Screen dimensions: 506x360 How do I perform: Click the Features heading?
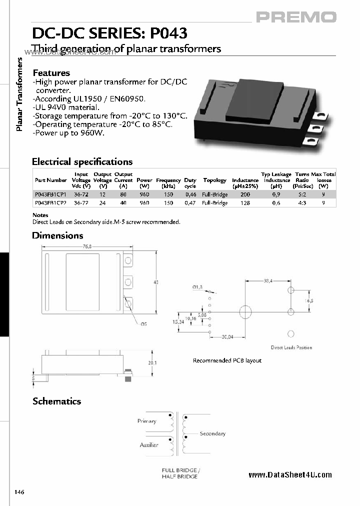(x=51, y=73)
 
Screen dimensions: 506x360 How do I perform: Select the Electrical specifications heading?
(x=82, y=161)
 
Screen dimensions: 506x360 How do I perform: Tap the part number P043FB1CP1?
(x=50, y=194)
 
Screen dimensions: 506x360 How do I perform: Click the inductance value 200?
(x=245, y=194)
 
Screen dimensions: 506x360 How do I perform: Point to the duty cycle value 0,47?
(x=190, y=203)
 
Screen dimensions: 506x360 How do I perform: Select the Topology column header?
(x=214, y=180)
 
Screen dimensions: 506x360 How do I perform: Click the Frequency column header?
(x=168, y=180)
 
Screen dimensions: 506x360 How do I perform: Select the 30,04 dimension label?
(x=228, y=337)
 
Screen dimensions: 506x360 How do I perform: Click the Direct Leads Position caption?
(x=291, y=347)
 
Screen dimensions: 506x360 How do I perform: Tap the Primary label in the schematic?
(x=146, y=421)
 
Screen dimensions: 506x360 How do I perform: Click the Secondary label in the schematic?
(x=212, y=433)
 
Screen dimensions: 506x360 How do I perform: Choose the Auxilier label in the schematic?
(x=148, y=444)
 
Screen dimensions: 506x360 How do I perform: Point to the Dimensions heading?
(x=57, y=235)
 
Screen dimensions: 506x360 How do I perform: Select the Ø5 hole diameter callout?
(x=143, y=324)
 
